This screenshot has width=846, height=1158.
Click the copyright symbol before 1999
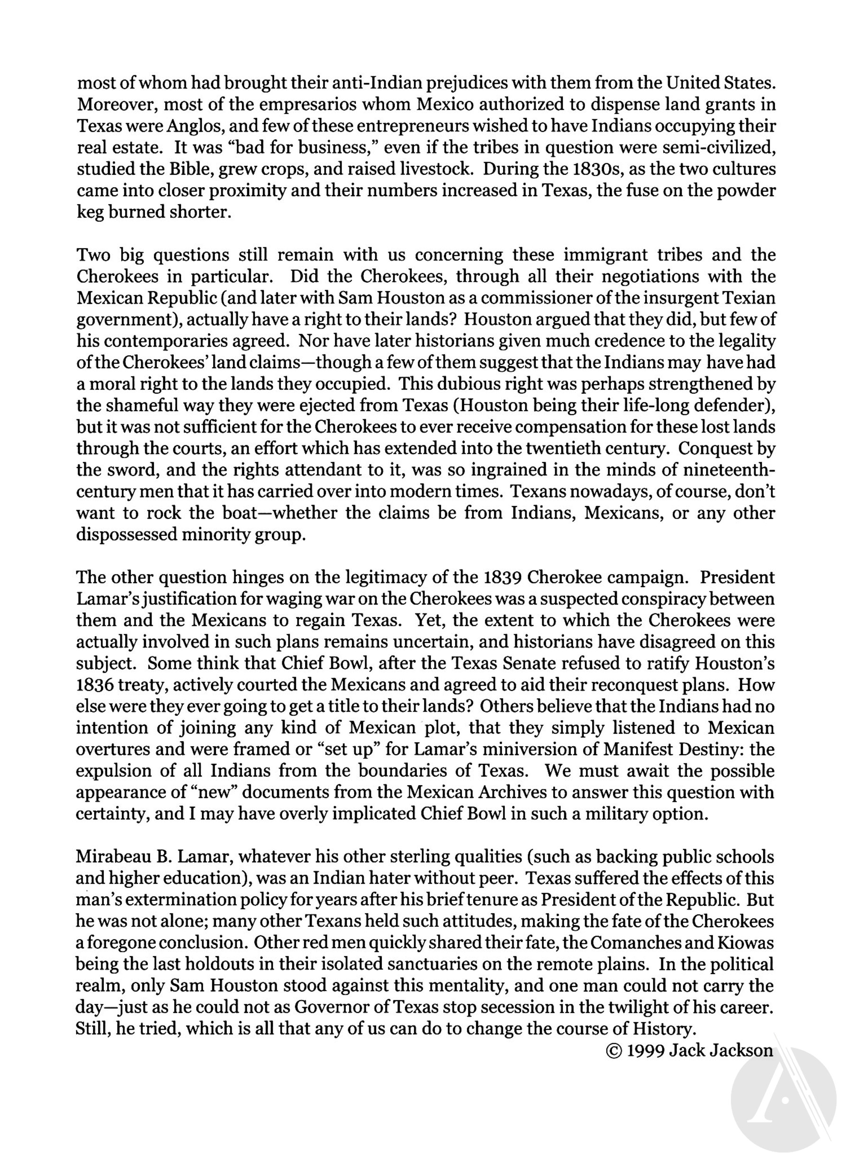point(614,1050)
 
